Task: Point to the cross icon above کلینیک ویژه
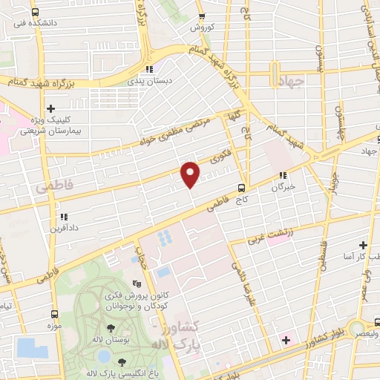pos(50,109)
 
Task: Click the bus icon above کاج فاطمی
pos(241,188)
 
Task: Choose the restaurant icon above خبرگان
pos(282,176)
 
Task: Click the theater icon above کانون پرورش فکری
pos(136,284)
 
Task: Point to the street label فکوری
pos(220,157)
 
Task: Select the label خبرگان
pos(283,187)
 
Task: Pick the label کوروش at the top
pos(201,27)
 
